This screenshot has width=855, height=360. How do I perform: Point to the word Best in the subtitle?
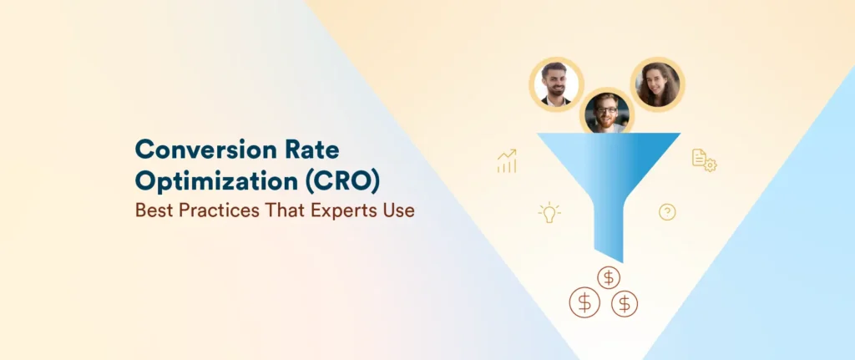pyautogui.click(x=154, y=210)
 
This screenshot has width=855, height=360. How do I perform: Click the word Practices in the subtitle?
pyautogui.click(x=218, y=210)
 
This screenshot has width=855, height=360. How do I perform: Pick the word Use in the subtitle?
pyautogui.click(x=399, y=210)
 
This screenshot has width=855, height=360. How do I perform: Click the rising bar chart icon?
pyautogui.click(x=507, y=161)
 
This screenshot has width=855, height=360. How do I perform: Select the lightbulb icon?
pyautogui.click(x=549, y=212)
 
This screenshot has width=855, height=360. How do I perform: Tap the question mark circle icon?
pyautogui.click(x=667, y=212)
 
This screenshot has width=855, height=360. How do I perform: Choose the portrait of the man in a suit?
pyautogui.click(x=557, y=84)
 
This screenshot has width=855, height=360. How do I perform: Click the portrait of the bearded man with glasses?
pyautogui.click(x=607, y=111)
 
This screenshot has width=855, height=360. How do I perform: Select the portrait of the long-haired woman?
pyautogui.click(x=657, y=84)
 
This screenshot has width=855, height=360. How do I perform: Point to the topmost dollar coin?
pyautogui.click(x=609, y=276)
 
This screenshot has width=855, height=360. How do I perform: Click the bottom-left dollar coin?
pyautogui.click(x=584, y=303)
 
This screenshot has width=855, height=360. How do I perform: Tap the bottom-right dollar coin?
pyautogui.click(x=624, y=303)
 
